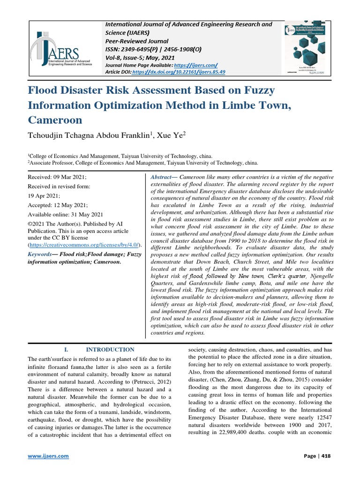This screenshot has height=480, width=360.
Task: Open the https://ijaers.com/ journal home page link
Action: click(196, 65)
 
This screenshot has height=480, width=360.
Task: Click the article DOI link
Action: click(179, 72)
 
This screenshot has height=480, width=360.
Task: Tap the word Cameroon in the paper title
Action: click(55, 120)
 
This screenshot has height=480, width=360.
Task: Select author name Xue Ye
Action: click(173, 135)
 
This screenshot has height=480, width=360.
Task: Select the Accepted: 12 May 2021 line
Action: click(56, 205)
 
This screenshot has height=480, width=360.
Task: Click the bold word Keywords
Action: click(40, 254)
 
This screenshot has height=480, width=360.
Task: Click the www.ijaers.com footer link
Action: click(49, 456)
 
